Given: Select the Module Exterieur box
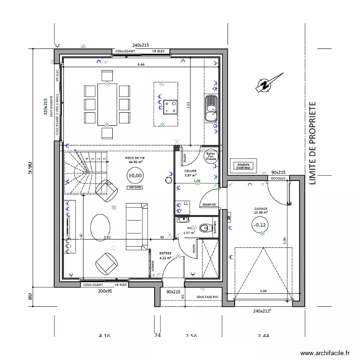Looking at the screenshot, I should coord(243,166).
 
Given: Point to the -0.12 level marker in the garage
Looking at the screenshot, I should coord(260,225).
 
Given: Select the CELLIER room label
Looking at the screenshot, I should coord(191,171).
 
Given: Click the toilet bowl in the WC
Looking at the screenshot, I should coord(205,228).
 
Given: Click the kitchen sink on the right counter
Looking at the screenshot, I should coord(211,108).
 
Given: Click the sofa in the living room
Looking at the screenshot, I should coord(137,226).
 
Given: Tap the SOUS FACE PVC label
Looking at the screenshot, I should coord(207,297).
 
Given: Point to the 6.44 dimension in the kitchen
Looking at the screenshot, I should coord(141,64).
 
